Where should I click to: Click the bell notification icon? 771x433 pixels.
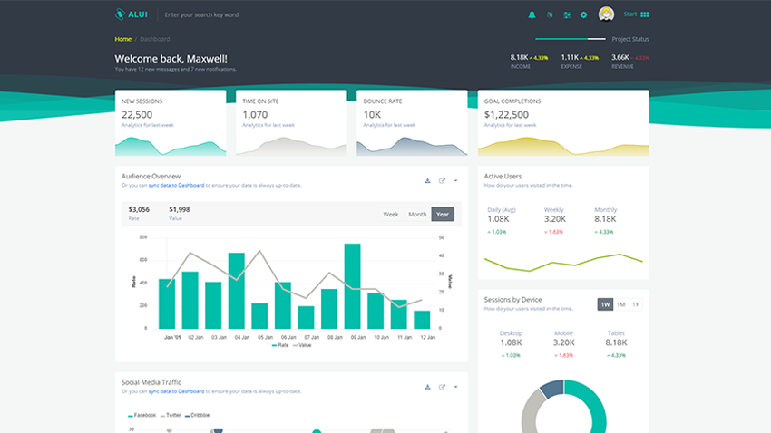point(532,15)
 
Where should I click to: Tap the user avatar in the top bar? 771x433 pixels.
point(607,14)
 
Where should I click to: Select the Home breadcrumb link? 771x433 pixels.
point(122,39)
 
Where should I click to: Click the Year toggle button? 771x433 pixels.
point(443,215)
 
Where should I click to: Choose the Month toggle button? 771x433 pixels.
point(417,215)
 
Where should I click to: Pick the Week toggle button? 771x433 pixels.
point(391,215)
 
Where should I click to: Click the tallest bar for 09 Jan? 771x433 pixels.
point(353,285)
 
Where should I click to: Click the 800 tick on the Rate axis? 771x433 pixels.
point(143,237)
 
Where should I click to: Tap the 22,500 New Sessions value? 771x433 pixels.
point(137,115)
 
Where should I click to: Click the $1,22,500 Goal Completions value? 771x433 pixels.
point(507,115)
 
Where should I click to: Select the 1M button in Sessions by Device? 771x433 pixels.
point(621,304)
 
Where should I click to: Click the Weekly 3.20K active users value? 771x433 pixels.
point(554,219)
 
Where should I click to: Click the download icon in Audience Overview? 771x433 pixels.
point(427,180)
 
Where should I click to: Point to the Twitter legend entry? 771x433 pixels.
point(170,415)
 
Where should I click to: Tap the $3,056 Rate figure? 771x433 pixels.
point(139,209)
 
